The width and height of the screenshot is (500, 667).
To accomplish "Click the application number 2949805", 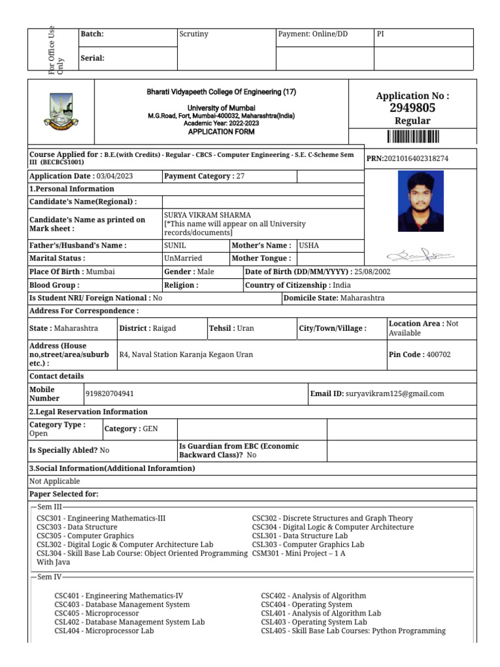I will [x=412, y=108].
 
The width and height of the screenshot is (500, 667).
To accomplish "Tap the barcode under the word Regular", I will [x=413, y=136].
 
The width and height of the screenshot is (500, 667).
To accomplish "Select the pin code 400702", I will [x=437, y=355].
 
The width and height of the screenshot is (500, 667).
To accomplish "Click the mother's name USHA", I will [x=309, y=246].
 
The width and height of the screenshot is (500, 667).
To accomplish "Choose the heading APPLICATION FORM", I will [x=221, y=132].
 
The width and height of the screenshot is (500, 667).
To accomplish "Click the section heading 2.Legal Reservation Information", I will [x=89, y=412].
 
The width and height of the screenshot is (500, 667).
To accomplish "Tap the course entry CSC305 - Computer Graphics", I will [x=85, y=536].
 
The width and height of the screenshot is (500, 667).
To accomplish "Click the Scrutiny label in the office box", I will [x=193, y=34].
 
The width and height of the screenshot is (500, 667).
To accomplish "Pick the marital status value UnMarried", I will [x=184, y=259].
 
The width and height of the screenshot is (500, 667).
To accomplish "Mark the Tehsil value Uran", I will [x=245, y=328].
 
